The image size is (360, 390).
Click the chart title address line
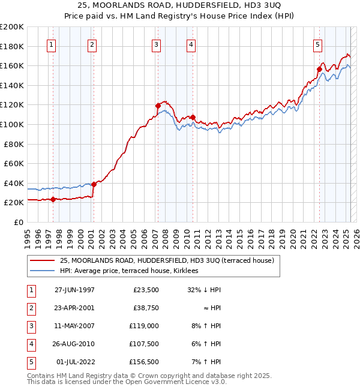tap(179, 7)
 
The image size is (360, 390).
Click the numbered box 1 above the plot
tap(51, 44)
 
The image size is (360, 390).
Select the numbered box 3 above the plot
tap(156, 44)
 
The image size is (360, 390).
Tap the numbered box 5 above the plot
tap(317, 44)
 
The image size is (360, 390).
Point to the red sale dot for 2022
tap(319, 69)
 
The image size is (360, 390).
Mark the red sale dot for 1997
tap(53, 199)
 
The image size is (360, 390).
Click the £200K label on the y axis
tap(12, 27)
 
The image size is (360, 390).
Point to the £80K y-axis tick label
tap(14, 144)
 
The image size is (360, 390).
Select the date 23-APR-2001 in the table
tap(75, 308)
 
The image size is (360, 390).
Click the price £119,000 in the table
tap(144, 326)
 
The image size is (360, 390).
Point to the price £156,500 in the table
tap(144, 362)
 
